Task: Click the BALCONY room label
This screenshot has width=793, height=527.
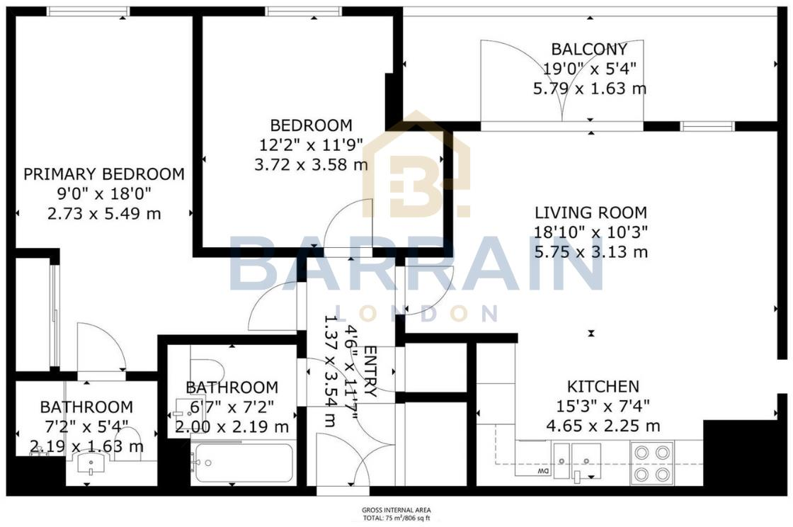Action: click(x=589, y=50)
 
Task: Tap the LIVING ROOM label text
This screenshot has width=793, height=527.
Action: click(x=591, y=212)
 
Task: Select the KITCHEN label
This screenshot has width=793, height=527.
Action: click(x=603, y=387)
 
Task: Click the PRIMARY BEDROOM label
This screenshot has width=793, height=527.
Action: click(x=104, y=174)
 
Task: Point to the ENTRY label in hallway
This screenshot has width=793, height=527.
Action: click(x=370, y=371)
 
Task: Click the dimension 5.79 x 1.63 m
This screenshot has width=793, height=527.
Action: click(x=589, y=89)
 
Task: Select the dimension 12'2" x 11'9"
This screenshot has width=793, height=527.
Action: click(x=311, y=145)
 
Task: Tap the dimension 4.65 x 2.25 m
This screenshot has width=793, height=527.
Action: click(x=603, y=426)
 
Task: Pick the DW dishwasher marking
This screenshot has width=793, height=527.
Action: click(x=543, y=471)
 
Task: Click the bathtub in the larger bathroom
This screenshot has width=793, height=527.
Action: click(x=243, y=463)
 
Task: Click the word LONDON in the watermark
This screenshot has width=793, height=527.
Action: click(x=416, y=313)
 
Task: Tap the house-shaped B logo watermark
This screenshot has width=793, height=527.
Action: click(x=416, y=164)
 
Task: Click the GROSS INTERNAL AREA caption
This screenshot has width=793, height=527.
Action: click(x=396, y=510)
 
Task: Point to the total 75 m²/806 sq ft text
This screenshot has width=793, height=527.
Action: click(x=396, y=518)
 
